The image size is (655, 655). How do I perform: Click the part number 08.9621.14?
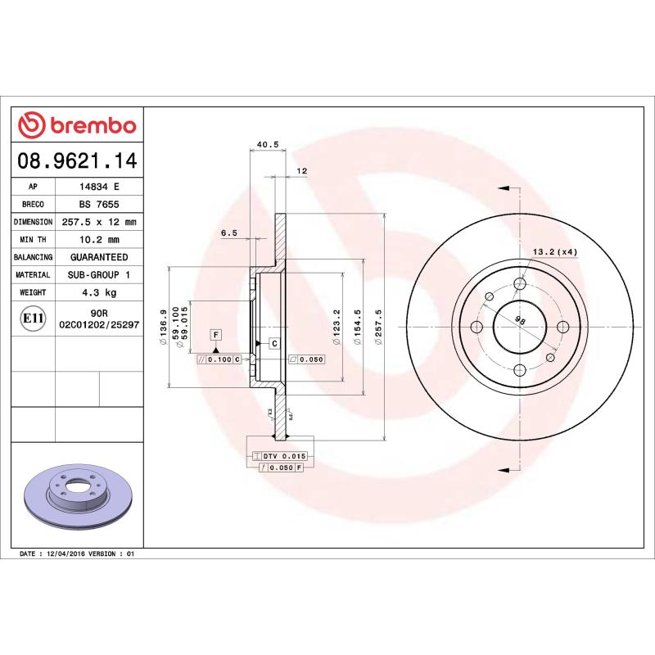point(77,160)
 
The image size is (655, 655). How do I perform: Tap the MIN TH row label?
point(34,240)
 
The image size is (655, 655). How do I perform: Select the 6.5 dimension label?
point(229,233)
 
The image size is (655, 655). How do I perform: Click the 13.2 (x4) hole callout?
point(555,251)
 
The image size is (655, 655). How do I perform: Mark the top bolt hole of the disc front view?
point(520,284)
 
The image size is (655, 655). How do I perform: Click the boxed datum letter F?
point(215,334)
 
